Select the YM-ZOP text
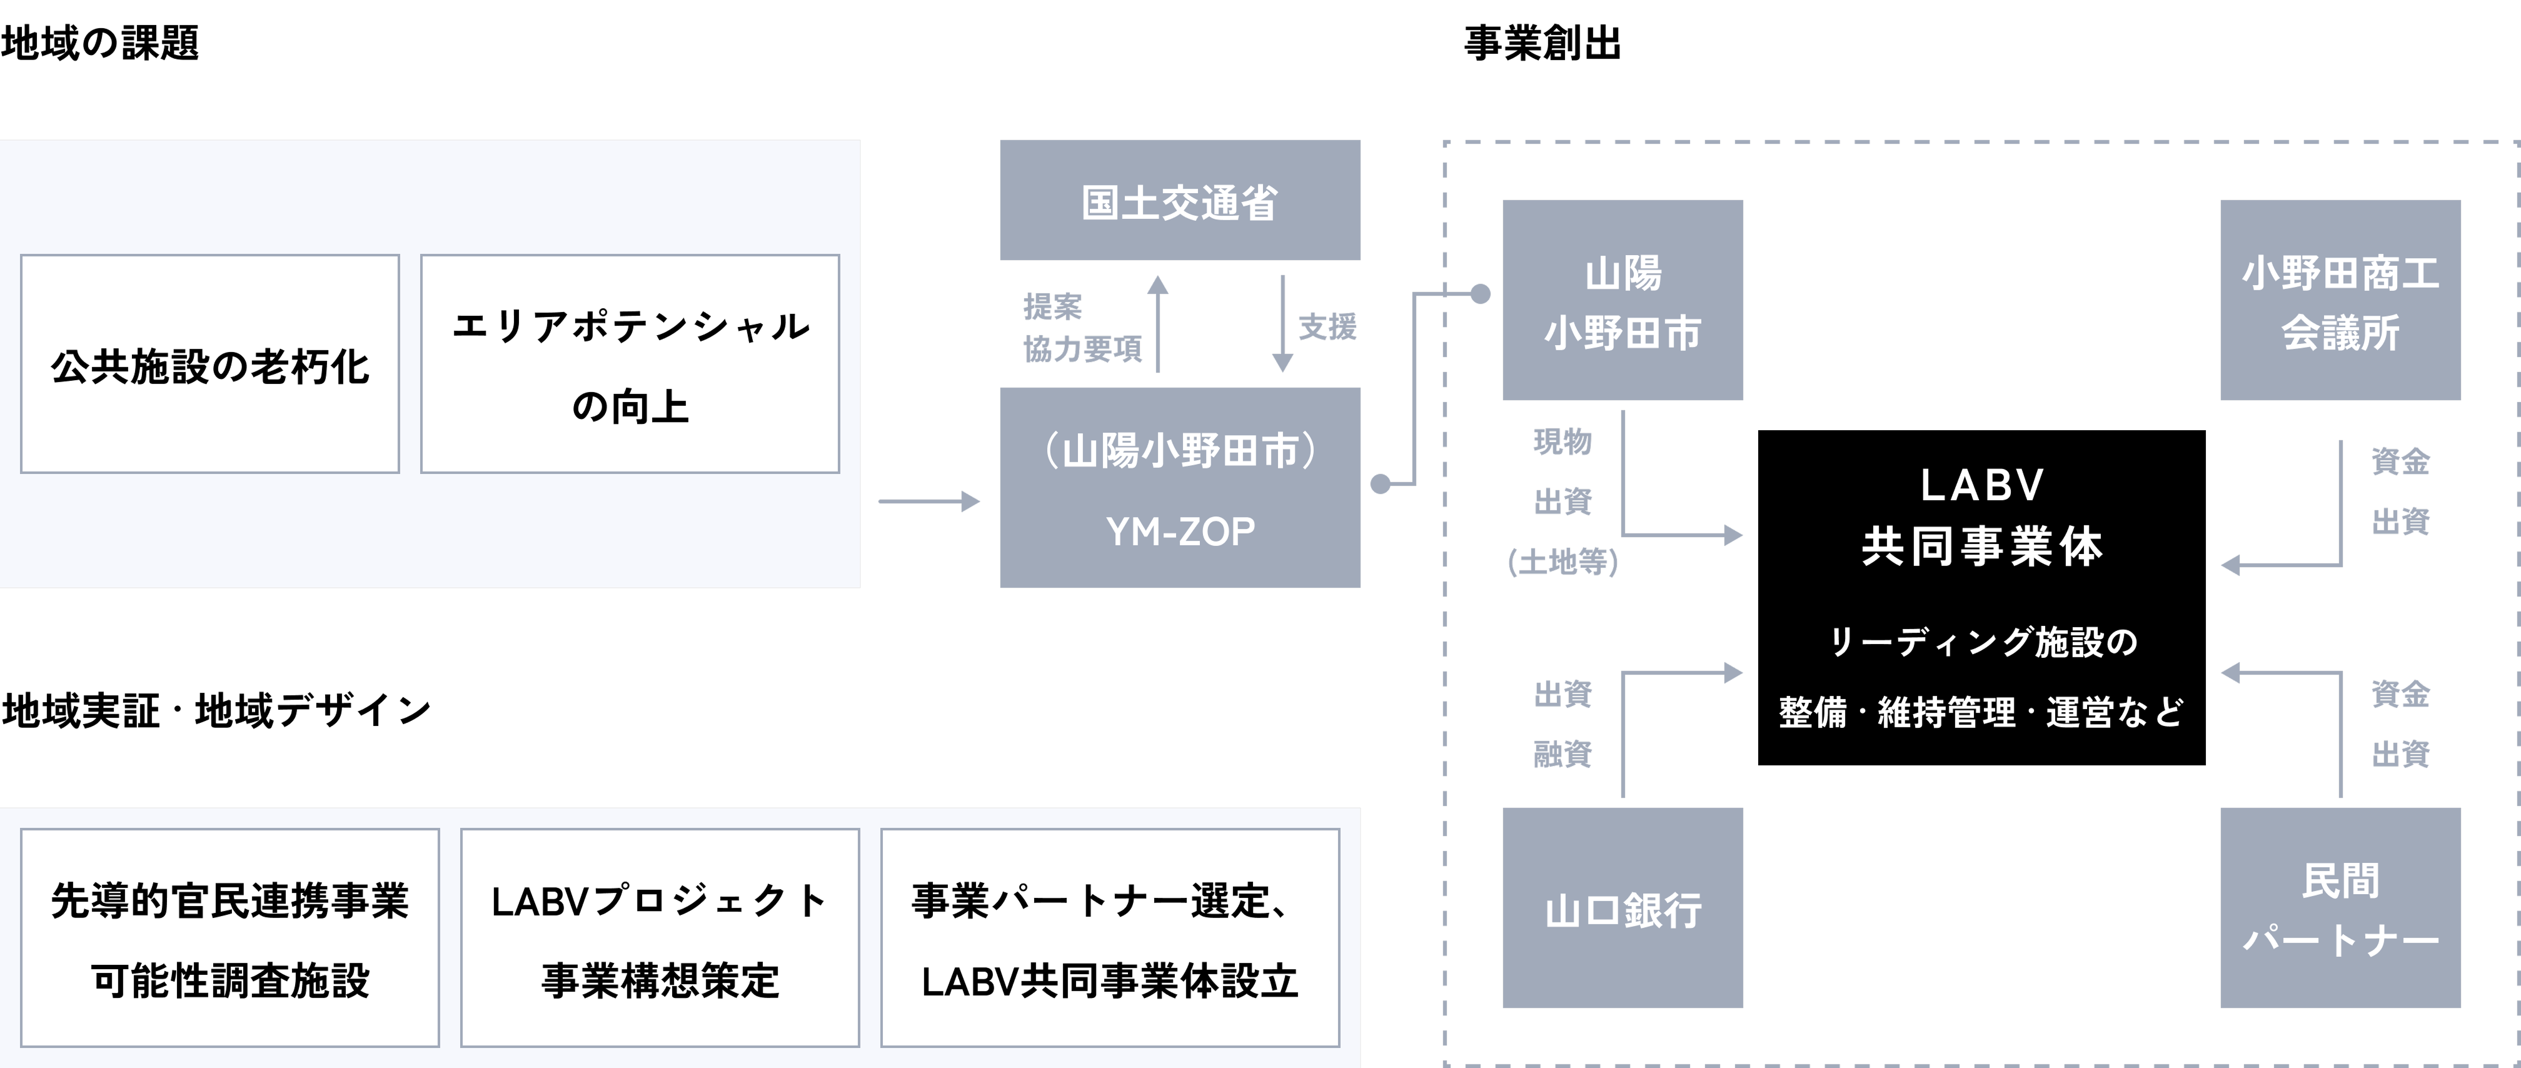1179,531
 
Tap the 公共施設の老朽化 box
209,364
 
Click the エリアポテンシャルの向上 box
629,364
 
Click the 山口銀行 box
1622,909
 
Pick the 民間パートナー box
2339,909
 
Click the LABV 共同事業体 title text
1982,516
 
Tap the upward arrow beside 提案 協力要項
1158,323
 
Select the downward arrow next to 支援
1282,323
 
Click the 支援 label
1327,326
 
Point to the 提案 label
1052,306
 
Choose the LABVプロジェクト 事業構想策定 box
660,938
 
